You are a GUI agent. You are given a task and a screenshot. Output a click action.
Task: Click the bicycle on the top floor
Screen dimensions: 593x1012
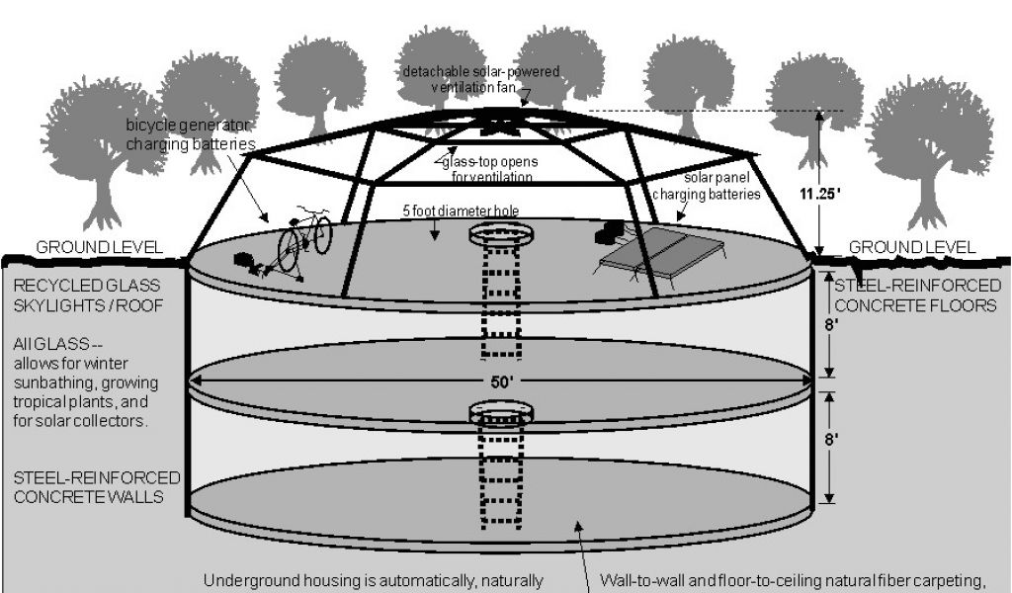301,238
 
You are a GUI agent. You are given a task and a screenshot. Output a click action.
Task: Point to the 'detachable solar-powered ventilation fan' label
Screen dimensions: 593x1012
480,79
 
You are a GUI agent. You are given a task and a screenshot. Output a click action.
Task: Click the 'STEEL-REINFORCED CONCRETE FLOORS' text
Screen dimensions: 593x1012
917,296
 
